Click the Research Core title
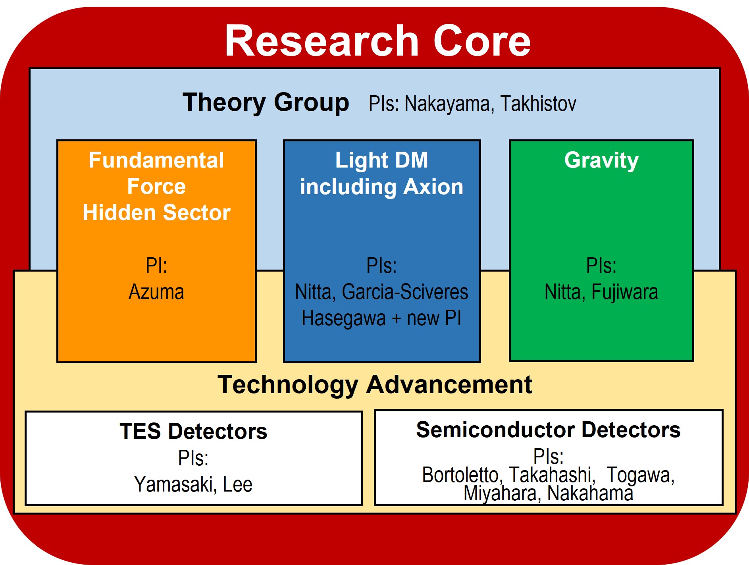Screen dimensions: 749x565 point(377,40)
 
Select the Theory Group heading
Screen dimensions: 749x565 point(266,103)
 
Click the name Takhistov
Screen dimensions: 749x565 point(538,104)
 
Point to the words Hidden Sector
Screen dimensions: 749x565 point(156,212)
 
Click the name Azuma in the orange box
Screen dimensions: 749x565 point(156,292)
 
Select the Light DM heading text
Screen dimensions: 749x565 point(381,160)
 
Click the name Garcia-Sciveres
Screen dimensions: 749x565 point(405,292)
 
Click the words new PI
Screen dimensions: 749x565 point(434,318)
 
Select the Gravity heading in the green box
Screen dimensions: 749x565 point(601,160)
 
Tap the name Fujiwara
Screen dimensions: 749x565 point(625,292)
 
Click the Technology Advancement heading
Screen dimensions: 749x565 point(375,384)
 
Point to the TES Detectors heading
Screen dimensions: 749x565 point(193,431)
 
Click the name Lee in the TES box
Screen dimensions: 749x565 point(237,484)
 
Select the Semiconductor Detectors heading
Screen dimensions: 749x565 point(548,430)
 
